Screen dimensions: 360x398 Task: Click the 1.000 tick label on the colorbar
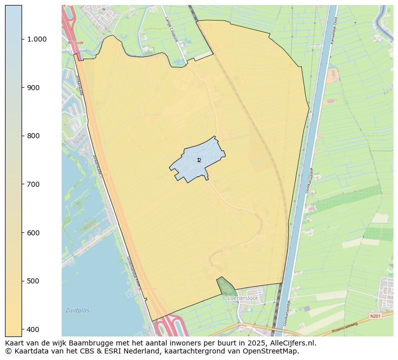click(36, 39)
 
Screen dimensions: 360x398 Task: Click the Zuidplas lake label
click(77, 310)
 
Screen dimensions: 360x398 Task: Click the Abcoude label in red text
click(76, 43)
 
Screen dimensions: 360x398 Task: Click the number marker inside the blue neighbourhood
click(199, 160)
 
